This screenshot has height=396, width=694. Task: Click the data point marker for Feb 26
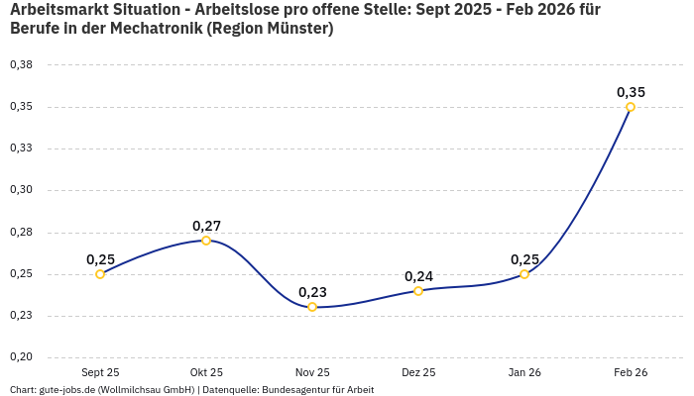631,107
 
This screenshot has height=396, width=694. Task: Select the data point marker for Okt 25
206,241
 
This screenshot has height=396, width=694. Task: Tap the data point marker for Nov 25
312,307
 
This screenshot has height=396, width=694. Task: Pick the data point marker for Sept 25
100,274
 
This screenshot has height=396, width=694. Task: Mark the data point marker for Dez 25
418,291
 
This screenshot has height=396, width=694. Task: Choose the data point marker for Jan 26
524,274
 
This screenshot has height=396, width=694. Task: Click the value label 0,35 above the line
631,92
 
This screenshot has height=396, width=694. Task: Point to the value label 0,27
206,226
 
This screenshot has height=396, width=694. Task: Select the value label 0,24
418,276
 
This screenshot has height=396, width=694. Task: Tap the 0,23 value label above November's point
312,292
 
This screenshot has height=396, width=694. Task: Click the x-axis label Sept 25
100,372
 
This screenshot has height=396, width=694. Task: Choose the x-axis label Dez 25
418,372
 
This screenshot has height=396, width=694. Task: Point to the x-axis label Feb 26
631,372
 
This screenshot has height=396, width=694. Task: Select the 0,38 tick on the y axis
21,65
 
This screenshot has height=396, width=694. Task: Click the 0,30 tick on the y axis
21,190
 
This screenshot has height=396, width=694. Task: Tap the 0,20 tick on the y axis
21,357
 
